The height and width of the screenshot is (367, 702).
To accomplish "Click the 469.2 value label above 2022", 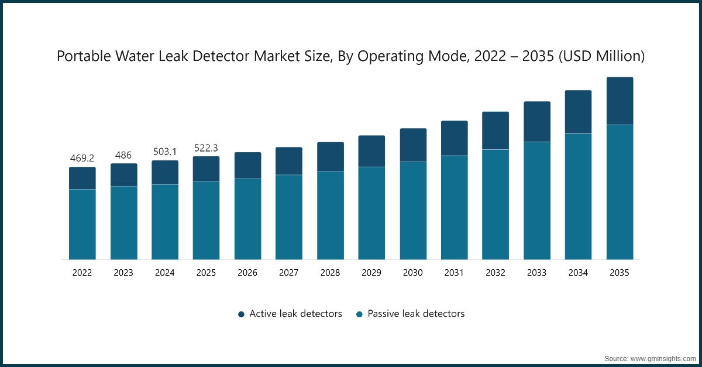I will coord(82,158).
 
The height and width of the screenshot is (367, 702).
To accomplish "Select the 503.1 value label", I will coord(165,152).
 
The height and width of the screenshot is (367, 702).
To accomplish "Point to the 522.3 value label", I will coord(206,148).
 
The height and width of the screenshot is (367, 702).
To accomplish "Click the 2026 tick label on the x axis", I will coord(247,273).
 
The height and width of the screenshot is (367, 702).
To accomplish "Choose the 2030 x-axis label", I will coord(413,273).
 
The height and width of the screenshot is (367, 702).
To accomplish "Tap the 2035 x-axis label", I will coord(620,273).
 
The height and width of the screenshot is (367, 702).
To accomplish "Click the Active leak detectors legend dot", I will coord(241,314).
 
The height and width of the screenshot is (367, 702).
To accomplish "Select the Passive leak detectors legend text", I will coord(416,314).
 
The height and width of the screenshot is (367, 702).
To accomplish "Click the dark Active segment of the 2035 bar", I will coord(620,101).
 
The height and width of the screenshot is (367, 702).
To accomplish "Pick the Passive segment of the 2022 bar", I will coord(82,224).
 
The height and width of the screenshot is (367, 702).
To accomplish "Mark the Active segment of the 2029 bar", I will coord(371,151).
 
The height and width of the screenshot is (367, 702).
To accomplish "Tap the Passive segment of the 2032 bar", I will coord(495,204).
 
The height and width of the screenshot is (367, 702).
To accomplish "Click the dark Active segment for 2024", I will coord(165,173).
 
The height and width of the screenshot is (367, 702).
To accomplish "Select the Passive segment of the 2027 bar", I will coord(289,217).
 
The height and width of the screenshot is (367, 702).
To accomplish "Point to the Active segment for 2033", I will coord(537,122).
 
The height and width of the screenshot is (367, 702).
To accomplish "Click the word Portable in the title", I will coord(82,56).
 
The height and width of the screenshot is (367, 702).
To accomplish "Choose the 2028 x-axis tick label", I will coord(330,273).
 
